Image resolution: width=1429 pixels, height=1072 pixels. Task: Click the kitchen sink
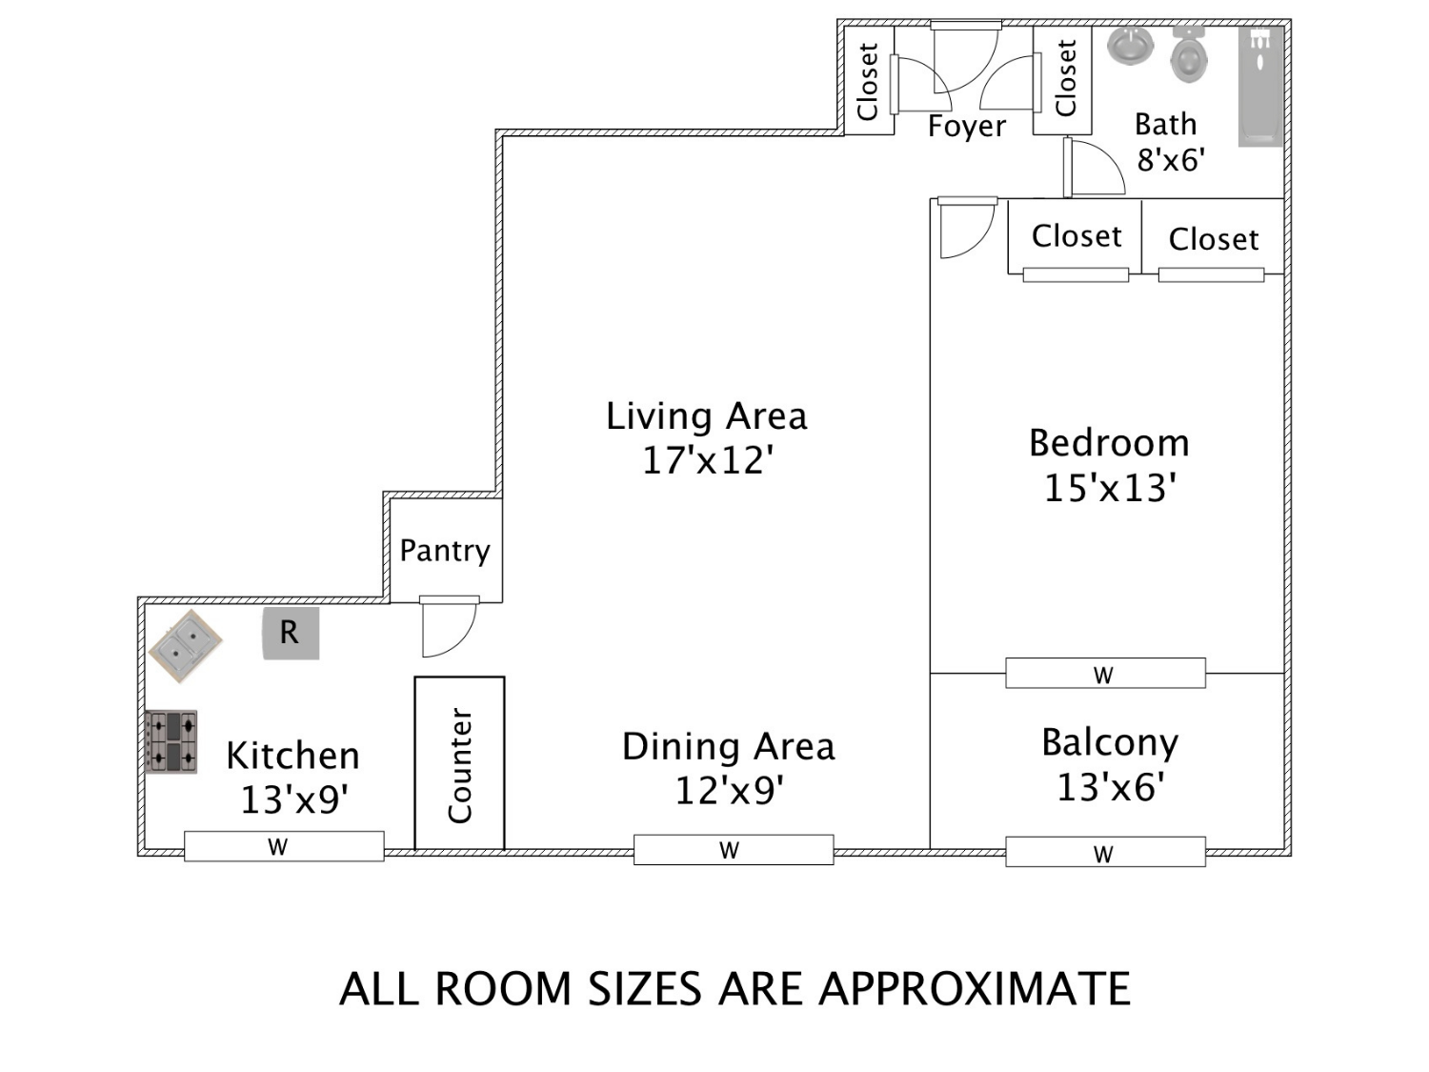(185, 646)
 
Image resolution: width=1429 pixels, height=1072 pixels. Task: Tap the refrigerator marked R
(291, 633)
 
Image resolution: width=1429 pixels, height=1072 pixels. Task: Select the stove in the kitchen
(171, 741)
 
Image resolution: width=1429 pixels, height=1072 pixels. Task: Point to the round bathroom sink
(1130, 46)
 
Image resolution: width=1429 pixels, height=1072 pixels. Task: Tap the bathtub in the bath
(1260, 86)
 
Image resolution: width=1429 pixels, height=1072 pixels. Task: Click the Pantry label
(445, 552)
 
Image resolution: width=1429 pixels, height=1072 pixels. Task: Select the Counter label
(459, 765)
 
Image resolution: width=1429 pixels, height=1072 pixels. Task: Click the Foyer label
(966, 127)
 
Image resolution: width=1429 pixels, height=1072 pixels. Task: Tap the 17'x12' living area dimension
(707, 460)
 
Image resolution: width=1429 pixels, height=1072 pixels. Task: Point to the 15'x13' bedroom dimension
(1110, 488)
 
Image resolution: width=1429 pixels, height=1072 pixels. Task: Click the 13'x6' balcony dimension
(1110, 787)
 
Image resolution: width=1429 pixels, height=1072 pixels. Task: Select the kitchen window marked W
(284, 846)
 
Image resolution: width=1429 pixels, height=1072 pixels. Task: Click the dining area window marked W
(734, 849)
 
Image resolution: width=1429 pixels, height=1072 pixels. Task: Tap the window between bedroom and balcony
(1105, 673)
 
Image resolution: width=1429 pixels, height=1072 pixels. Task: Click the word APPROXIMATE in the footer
(975, 989)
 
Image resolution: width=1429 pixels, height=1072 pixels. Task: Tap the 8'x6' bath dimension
(1171, 160)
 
